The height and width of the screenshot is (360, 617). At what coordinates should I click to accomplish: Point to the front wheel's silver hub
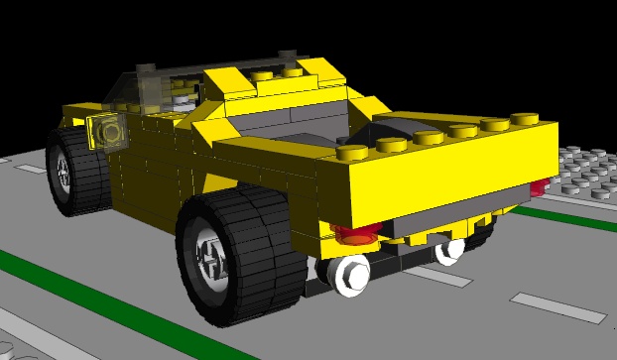click(62, 171)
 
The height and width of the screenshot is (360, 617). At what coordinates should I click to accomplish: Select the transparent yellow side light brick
click(108, 130)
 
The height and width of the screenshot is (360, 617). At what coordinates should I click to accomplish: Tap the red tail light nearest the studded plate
click(539, 187)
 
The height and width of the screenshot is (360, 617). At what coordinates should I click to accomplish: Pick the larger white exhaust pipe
click(349, 277)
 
